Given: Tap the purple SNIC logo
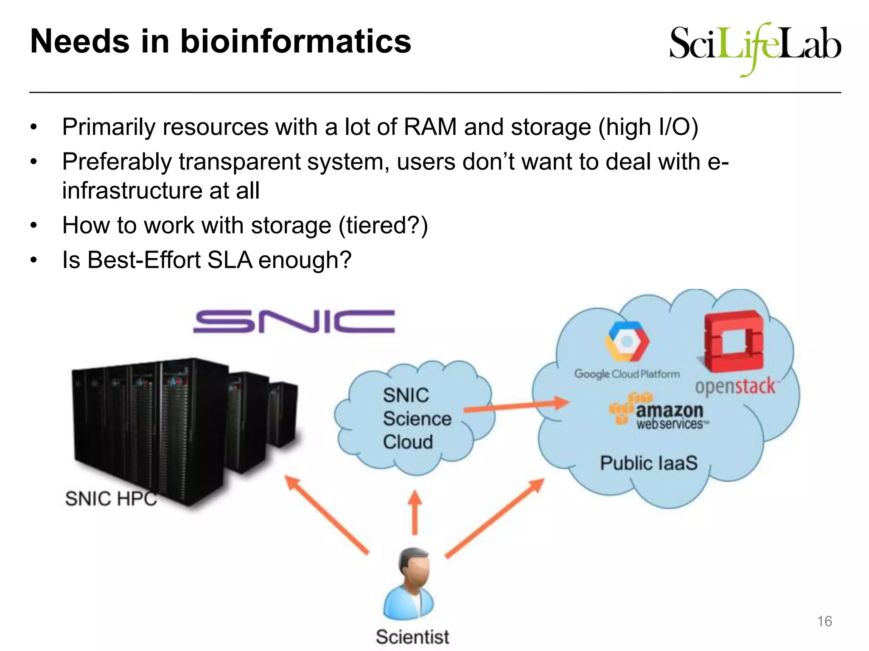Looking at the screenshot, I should click(294, 321).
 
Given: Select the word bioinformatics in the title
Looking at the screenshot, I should click(295, 42).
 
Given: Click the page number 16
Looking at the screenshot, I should click(824, 621).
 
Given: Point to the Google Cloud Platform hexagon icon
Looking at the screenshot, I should click(627, 341).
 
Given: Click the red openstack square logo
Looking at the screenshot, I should click(733, 341).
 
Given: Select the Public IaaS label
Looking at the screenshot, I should click(648, 463).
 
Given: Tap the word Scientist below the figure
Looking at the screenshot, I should click(412, 637).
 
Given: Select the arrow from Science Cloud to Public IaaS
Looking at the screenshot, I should click(516, 406).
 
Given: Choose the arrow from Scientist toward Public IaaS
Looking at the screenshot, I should click(494, 518).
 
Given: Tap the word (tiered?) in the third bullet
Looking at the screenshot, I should click(383, 225).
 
